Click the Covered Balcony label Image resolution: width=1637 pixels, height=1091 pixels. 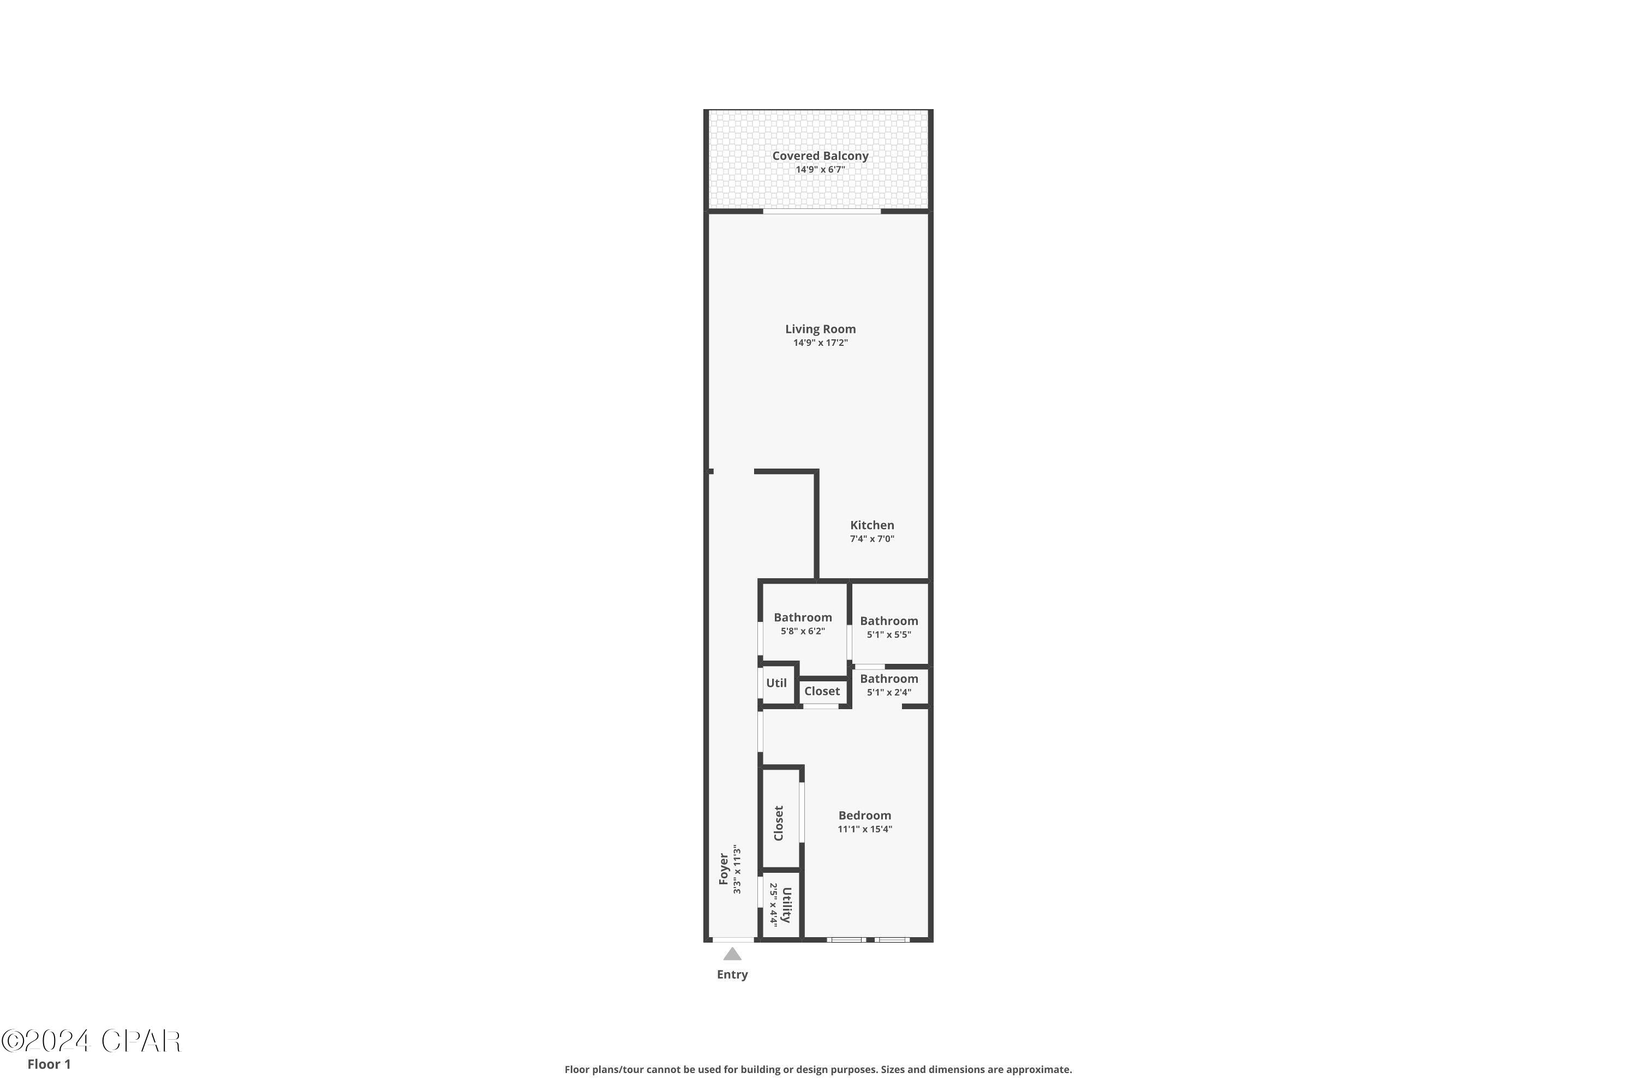click(x=820, y=156)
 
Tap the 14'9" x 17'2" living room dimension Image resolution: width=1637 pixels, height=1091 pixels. click(x=820, y=343)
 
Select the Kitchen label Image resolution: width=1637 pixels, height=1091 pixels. click(x=871, y=525)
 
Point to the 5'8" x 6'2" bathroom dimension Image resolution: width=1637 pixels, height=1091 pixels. click(x=803, y=632)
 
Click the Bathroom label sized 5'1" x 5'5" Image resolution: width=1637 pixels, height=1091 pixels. click(x=889, y=621)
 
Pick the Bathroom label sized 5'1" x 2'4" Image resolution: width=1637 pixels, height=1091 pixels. click(x=889, y=679)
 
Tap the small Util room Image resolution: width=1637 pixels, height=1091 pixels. click(x=776, y=684)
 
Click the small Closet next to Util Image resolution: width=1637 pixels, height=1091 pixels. click(x=822, y=691)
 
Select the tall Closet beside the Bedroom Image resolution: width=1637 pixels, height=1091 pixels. click(x=780, y=823)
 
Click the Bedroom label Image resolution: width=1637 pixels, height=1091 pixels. click(x=864, y=816)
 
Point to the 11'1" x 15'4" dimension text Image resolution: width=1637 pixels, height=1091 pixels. click(x=864, y=829)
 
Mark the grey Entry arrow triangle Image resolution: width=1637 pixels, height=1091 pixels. click(x=732, y=955)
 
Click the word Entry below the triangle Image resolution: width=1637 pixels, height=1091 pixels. click(x=732, y=975)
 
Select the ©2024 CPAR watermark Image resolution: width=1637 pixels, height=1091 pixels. click(x=91, y=1041)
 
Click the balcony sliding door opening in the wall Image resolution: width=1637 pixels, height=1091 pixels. click(x=821, y=212)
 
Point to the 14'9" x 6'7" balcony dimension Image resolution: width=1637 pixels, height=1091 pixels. click(x=820, y=170)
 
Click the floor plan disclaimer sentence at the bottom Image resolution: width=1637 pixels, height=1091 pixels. click(x=818, y=1069)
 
